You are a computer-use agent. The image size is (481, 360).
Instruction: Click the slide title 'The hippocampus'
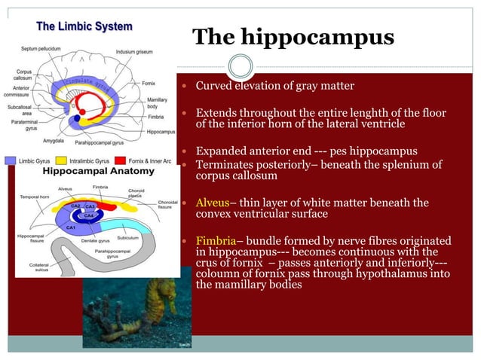coord(293,38)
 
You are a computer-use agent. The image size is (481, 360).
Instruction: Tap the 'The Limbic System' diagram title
coord(84,26)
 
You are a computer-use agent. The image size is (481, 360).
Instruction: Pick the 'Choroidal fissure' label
coord(168,205)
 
